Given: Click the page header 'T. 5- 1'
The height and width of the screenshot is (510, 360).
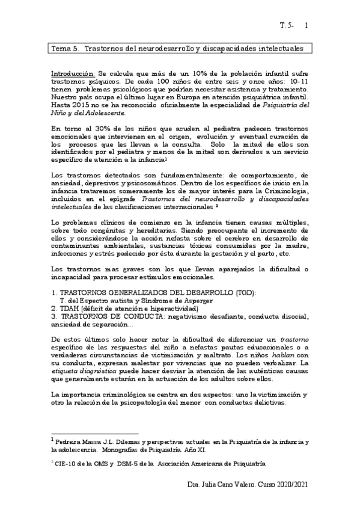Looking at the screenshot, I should point(294,26).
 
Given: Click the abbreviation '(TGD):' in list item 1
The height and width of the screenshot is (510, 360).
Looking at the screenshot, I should point(243,292).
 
